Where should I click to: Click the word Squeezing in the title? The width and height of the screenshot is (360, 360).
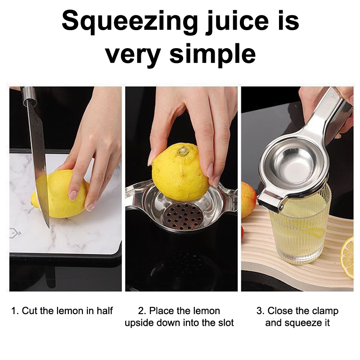pos(130,22)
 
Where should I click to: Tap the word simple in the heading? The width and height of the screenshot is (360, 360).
pos(212,54)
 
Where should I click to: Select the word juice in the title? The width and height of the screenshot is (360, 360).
pos(237,22)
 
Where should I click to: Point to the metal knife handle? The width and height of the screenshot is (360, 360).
pos(29,94)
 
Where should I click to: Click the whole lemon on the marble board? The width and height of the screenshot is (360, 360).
pos(60,194)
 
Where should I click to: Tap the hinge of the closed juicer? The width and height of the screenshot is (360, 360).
pos(271,201)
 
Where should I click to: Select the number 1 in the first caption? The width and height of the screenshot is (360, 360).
pos(14,311)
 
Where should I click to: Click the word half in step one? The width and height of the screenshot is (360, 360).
pos(105,311)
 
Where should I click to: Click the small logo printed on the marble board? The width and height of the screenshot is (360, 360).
pos(15,233)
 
